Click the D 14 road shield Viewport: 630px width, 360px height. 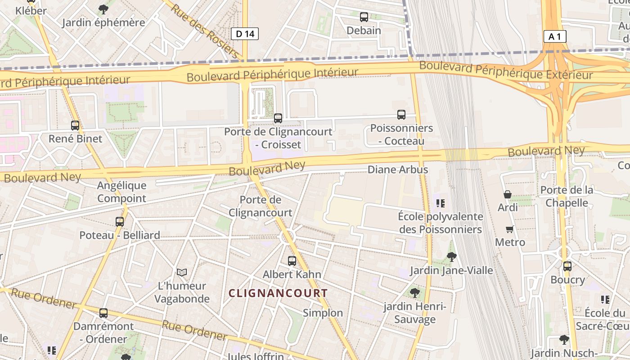click(245, 33)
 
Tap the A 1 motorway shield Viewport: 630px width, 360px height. click(554, 36)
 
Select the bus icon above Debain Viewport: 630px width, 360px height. click(364, 18)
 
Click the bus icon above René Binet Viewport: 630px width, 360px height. click(75, 126)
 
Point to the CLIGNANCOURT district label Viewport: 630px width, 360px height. click(278, 293)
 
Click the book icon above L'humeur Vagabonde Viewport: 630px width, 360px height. click(182, 272)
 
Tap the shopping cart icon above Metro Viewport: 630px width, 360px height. click(510, 229)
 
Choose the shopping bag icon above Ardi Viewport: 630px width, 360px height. click(508, 194)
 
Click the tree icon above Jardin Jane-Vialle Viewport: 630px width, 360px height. click(451, 257)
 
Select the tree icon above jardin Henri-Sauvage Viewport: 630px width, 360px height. click(414, 293)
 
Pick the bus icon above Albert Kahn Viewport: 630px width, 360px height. click(292, 261)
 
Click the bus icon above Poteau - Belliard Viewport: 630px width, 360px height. click(119, 221)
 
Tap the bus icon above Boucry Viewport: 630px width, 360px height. click(567, 266)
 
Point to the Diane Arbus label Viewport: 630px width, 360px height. click(398, 170)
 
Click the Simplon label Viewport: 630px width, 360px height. click(323, 313)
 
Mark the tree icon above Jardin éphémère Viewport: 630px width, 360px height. click(103, 9)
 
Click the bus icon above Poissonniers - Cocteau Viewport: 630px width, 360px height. click(401, 115)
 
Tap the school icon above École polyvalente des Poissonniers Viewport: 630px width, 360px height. click(440, 203)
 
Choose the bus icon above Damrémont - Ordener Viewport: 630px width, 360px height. click(103, 313)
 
